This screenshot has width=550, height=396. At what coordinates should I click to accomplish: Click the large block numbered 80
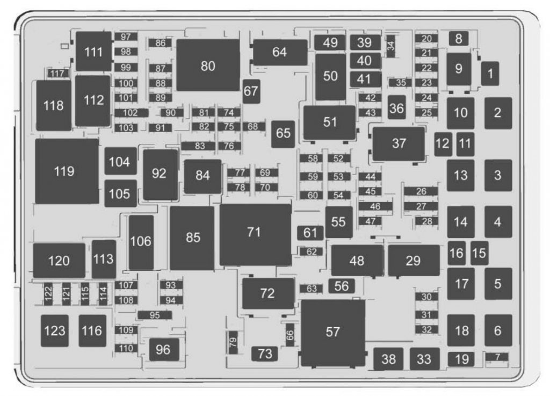click(208, 66)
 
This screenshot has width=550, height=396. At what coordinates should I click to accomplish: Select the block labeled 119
click(67, 171)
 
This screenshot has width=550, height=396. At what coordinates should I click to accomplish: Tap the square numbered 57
click(333, 332)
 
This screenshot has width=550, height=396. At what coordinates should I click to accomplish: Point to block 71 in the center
click(255, 233)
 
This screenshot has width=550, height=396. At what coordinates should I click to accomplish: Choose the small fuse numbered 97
click(126, 37)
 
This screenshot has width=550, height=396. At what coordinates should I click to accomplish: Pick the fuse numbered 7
click(497, 357)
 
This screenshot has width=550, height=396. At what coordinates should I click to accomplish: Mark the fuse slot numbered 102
click(131, 113)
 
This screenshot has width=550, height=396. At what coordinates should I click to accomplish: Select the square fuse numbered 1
click(490, 74)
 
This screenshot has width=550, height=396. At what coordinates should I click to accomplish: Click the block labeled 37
click(399, 143)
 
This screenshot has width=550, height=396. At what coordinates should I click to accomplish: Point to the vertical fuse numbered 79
click(233, 341)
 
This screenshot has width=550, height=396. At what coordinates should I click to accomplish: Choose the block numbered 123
click(55, 330)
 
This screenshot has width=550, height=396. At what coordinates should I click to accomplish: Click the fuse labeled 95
click(155, 315)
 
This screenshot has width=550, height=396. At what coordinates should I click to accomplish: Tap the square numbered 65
click(283, 133)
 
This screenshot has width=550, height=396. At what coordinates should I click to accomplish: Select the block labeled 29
click(413, 261)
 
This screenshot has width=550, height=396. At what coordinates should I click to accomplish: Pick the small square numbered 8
click(458, 39)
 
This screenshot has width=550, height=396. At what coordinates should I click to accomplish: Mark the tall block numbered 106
click(141, 242)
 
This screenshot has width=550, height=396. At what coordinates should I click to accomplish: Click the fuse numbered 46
click(375, 206)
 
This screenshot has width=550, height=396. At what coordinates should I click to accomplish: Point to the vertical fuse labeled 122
click(48, 293)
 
